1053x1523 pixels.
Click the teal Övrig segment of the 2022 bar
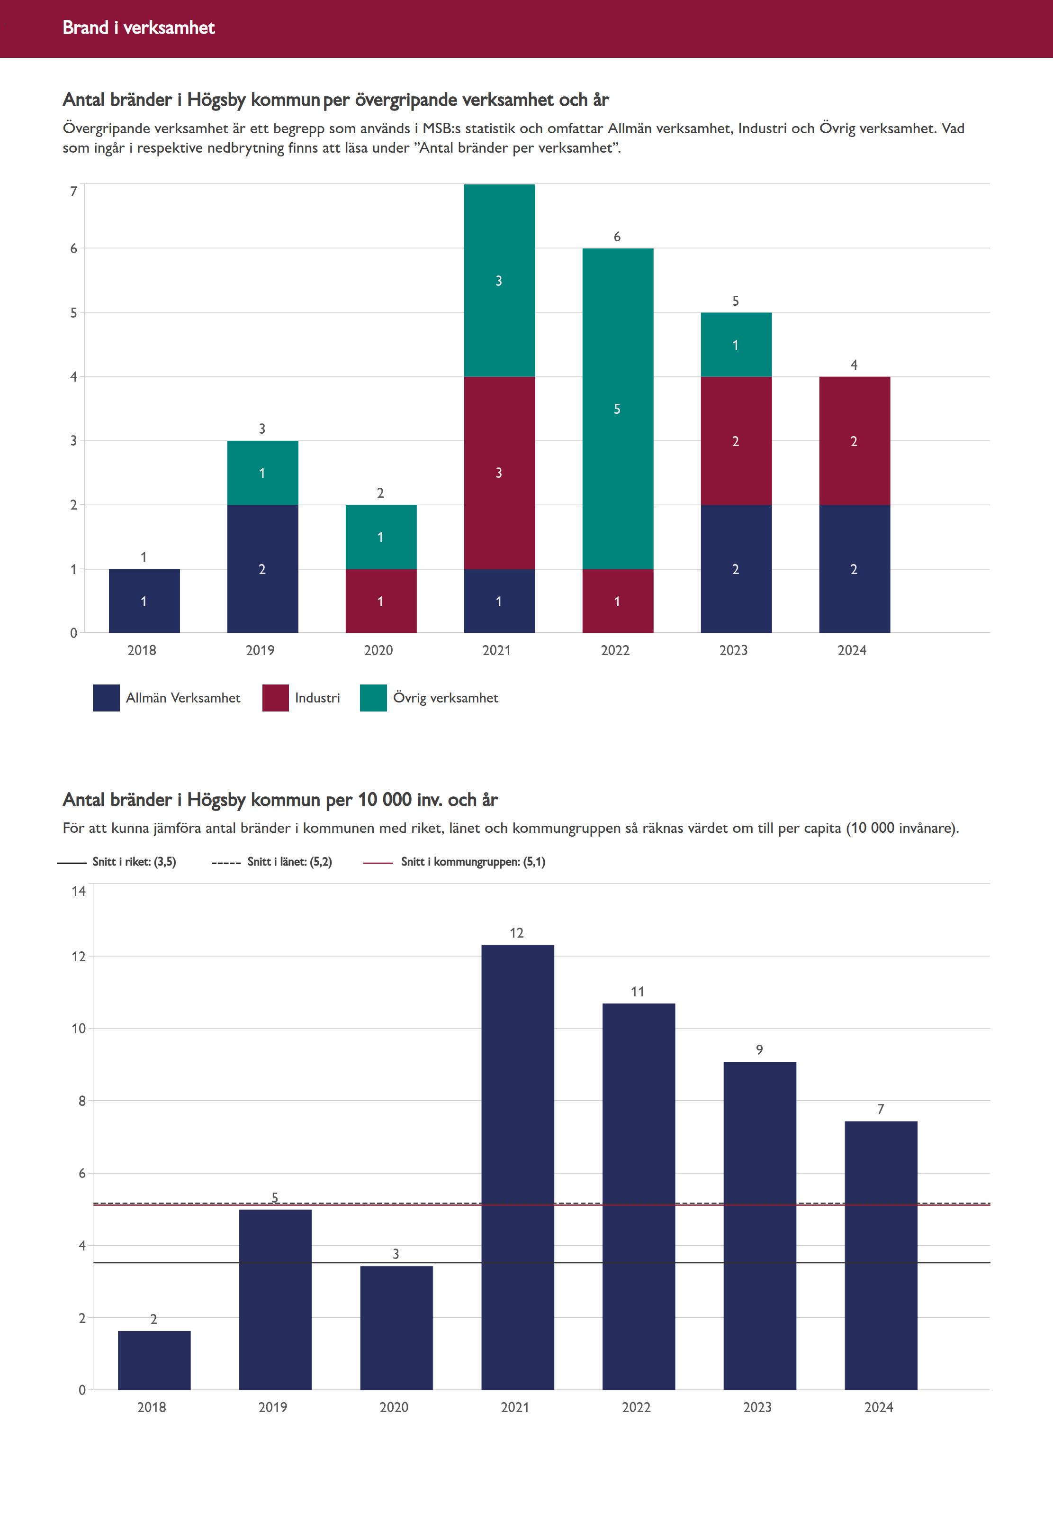click(x=618, y=408)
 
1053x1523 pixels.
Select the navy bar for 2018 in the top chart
click(x=144, y=601)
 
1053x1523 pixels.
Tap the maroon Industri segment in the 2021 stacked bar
click(x=499, y=472)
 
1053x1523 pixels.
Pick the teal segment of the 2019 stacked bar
click(x=262, y=472)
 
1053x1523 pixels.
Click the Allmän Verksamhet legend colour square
click(x=106, y=698)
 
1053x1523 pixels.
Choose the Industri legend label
click(x=317, y=698)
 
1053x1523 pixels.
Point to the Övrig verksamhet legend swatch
click(x=373, y=698)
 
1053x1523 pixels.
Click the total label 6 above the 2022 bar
click(x=617, y=237)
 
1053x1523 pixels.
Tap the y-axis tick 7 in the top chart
click(x=73, y=192)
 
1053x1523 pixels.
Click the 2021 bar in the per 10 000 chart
click(x=517, y=1168)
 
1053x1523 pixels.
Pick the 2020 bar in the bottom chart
click(x=396, y=1328)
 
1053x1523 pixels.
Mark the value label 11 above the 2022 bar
click(x=638, y=992)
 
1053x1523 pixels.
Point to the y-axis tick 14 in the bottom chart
click(x=79, y=891)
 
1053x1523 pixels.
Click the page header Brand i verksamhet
click(x=138, y=27)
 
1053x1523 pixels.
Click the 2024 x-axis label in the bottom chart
click(x=878, y=1407)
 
